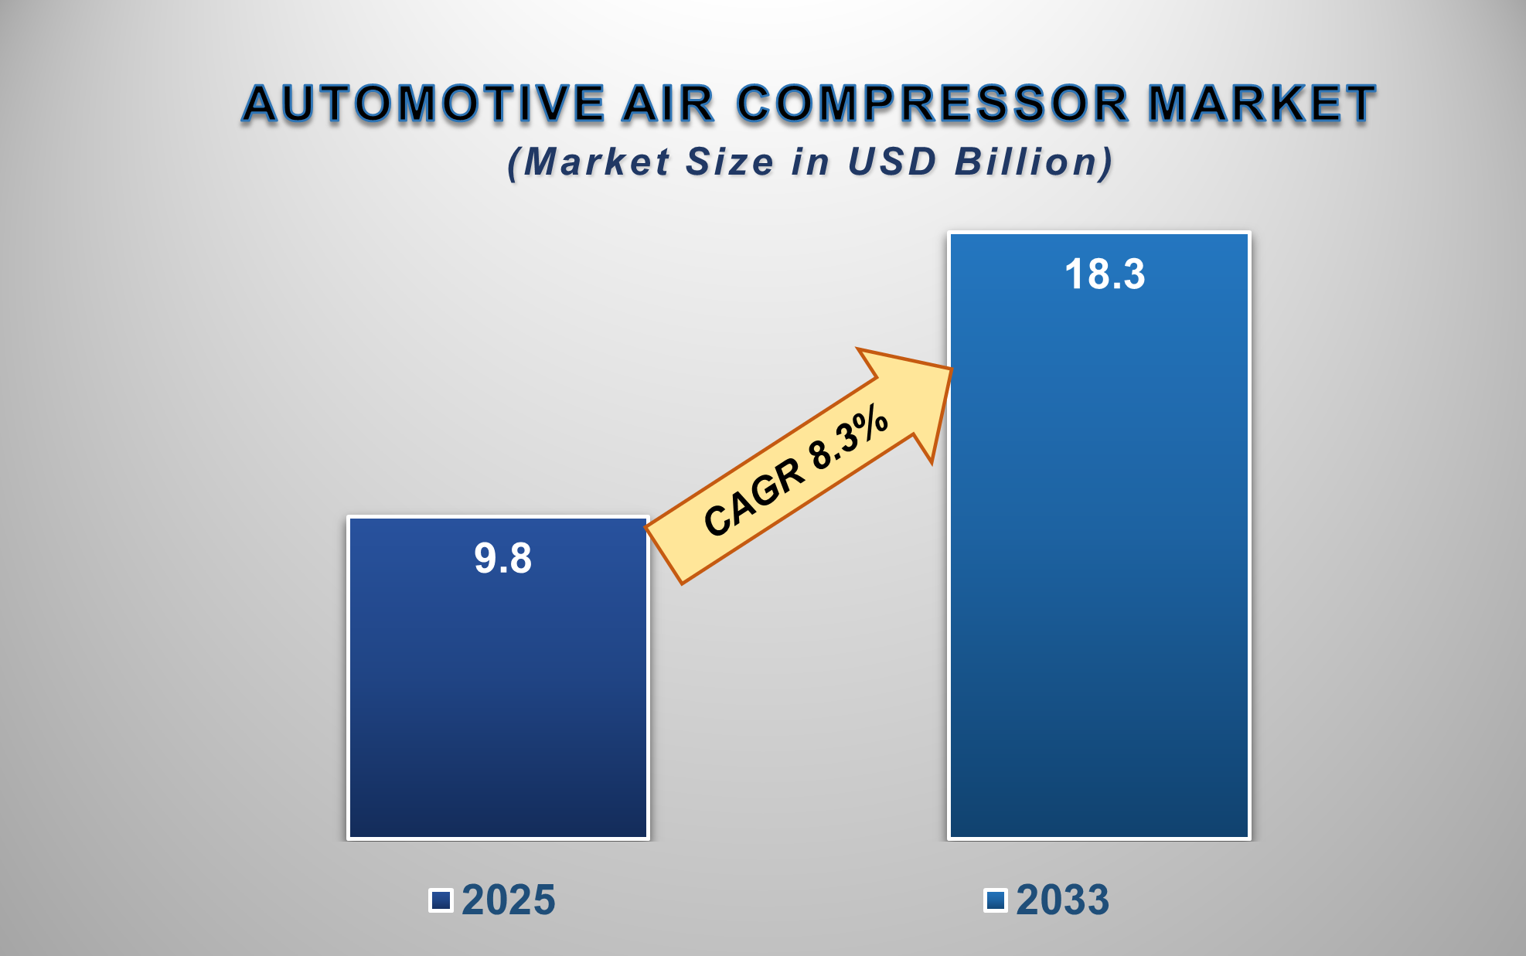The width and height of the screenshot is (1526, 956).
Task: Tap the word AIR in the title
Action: click(x=668, y=104)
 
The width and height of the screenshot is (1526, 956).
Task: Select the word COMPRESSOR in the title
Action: click(x=933, y=104)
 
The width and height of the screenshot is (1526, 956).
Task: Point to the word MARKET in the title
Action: click(x=1262, y=104)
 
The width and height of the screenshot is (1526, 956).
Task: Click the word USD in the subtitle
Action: click(x=892, y=162)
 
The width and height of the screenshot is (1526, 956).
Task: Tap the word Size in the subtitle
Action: click(x=729, y=162)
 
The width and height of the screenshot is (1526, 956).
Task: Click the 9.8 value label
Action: click(x=502, y=558)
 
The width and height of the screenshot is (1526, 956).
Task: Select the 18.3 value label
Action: click(x=1105, y=274)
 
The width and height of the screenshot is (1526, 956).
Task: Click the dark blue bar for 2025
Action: click(x=498, y=696)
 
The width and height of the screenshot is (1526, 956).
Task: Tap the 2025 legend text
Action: click(x=508, y=900)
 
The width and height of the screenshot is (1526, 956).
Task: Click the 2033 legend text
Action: click(x=1062, y=900)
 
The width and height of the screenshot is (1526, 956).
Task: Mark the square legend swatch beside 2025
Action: click(x=441, y=900)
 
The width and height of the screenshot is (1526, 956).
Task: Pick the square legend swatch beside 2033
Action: click(x=996, y=900)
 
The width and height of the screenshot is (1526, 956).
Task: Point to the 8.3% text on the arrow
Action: click(x=849, y=437)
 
